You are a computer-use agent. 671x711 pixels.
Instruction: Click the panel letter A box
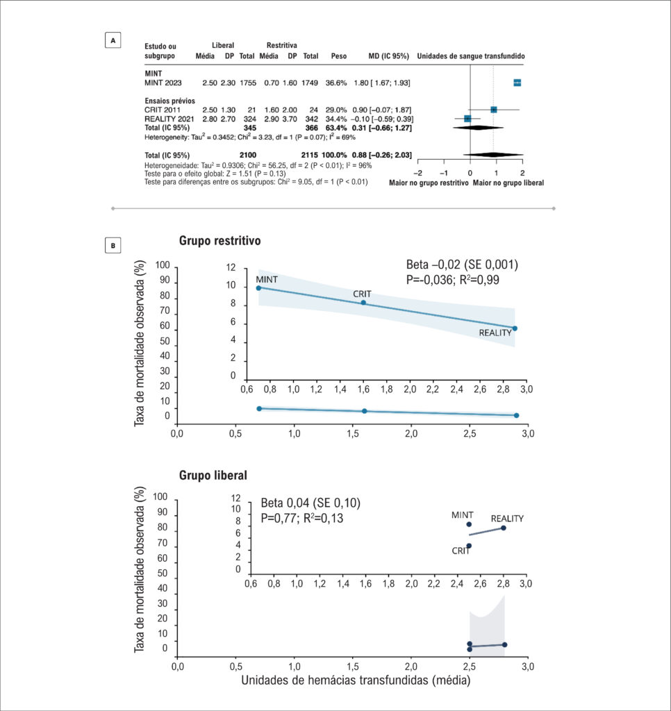[x=113, y=40]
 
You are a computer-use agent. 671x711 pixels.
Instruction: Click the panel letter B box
[x=113, y=245]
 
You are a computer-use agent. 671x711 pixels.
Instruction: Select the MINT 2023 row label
[x=163, y=83]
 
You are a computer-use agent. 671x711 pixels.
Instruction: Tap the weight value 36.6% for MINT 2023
[x=336, y=83]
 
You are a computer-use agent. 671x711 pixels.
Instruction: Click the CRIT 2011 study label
[x=163, y=110]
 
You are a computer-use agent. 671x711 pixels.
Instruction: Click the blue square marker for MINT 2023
[x=517, y=83]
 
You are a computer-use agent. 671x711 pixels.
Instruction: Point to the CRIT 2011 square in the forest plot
[x=494, y=110]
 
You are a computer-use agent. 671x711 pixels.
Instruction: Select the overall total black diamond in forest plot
[x=493, y=155]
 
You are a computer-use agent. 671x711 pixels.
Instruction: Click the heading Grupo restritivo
[x=220, y=240]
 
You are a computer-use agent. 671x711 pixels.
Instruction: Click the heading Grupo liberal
[x=213, y=475]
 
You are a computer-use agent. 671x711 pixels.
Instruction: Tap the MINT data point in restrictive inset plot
[x=258, y=288]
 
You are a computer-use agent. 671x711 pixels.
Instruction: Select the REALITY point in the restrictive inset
[x=515, y=328]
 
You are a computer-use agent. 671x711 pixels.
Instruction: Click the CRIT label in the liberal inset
[x=461, y=551]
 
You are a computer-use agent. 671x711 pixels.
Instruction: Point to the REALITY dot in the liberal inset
[x=503, y=528]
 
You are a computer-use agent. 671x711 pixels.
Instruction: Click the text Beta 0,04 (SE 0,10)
[x=310, y=503]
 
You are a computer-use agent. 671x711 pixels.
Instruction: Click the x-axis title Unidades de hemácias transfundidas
[x=356, y=680]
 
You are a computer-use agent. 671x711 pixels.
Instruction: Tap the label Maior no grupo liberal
[x=508, y=183]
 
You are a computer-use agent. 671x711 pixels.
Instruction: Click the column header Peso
[x=339, y=56]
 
